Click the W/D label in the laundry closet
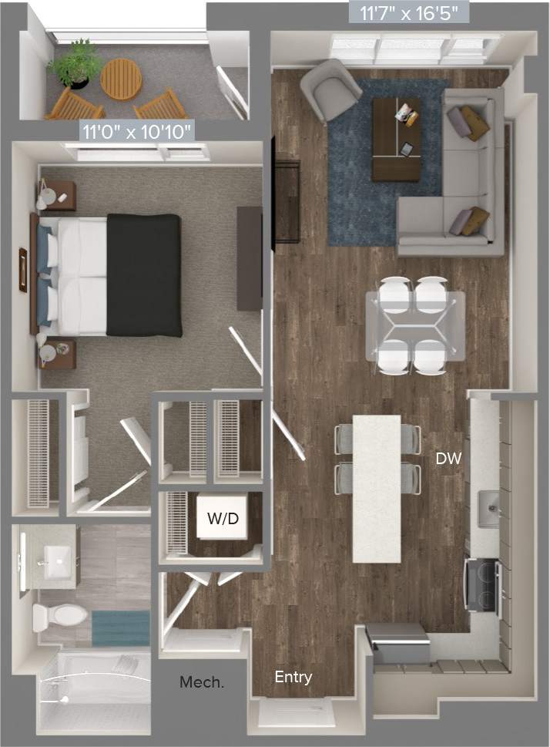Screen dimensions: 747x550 [223, 518]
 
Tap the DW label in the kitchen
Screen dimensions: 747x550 [448, 459]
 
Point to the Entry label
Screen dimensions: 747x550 [293, 678]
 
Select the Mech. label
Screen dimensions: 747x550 [197, 682]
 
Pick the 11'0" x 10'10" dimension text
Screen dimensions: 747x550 [137, 131]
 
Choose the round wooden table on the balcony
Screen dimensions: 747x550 [122, 79]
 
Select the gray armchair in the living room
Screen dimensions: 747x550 [331, 89]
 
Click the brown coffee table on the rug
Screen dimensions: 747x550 [396, 140]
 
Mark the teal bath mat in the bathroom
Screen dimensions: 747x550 [120, 628]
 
